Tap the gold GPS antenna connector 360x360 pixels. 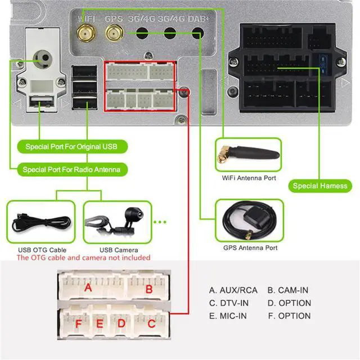(114, 33)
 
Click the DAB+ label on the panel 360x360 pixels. (198, 19)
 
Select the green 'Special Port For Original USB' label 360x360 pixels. (72, 146)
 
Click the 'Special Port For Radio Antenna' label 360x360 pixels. (72, 169)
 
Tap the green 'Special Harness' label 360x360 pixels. (320, 186)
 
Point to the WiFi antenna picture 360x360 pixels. (249, 154)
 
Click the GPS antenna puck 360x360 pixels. (257, 216)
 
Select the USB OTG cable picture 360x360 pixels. (41, 222)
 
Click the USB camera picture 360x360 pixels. (117, 221)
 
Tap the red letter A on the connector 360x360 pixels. (88, 287)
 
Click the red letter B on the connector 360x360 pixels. (149, 289)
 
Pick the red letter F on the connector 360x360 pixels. (79, 324)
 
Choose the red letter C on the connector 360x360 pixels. (151, 324)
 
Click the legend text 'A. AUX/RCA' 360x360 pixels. (233, 290)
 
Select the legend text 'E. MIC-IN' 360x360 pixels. (228, 316)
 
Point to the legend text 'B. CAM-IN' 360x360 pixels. (288, 290)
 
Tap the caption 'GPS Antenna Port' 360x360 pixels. (250, 247)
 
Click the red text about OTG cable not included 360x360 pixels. (84, 258)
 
